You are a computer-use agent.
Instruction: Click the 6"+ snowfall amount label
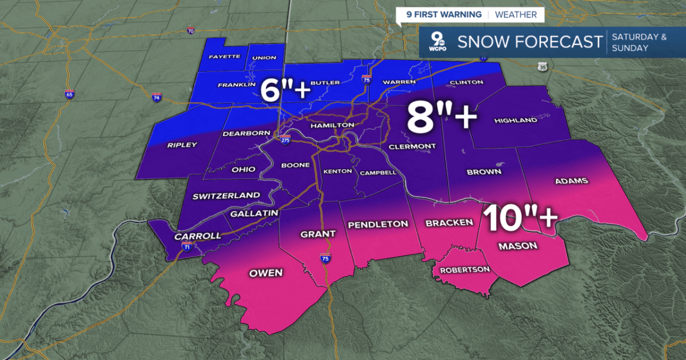[x=285, y=90]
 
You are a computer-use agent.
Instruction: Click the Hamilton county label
[x=332, y=125]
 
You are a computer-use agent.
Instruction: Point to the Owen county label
[x=266, y=273]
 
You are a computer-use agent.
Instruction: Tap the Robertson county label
[x=464, y=270]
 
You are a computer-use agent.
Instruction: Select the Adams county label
[x=571, y=181]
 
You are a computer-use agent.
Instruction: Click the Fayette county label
[x=223, y=57]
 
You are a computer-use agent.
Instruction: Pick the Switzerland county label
[x=226, y=196]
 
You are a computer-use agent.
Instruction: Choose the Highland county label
[x=516, y=120]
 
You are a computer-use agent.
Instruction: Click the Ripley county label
[x=182, y=145]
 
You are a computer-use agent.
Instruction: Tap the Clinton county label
[x=462, y=82]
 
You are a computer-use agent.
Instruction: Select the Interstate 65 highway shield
[x=70, y=95]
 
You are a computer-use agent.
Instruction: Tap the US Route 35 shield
[x=542, y=67]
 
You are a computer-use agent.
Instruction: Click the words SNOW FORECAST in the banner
[x=530, y=42]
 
